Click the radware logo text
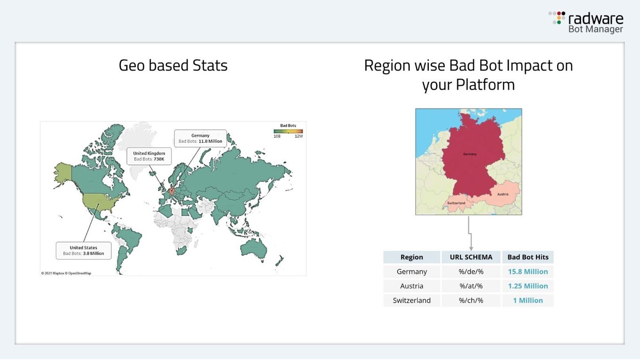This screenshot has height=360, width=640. coord(595,18)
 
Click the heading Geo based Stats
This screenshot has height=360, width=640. coord(173,65)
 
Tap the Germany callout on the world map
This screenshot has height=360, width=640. coord(200,138)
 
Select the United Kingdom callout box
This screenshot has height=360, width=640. coord(149,156)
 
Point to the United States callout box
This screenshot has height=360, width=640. coord(84,250)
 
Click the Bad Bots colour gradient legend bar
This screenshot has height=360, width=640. coord(288,132)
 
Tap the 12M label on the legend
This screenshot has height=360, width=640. coord(299,136)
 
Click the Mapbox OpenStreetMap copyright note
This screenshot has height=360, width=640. coord(66,273)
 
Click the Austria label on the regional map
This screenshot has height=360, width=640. coord(503,194)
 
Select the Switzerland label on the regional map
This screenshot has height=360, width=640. coord(456,203)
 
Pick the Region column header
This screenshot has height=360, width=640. coord(411,257)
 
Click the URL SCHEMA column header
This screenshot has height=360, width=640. coord(471,257)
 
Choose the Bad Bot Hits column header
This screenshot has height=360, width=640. coord(528,257)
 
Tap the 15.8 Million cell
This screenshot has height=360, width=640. coord(528,272)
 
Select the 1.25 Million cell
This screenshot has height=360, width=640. coord(528,286)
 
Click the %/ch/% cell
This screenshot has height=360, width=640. coord(471,300)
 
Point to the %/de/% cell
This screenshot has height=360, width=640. coord(471,272)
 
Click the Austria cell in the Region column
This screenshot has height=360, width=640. coord(411,286)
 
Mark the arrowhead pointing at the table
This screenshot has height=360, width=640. coord(471,248)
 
